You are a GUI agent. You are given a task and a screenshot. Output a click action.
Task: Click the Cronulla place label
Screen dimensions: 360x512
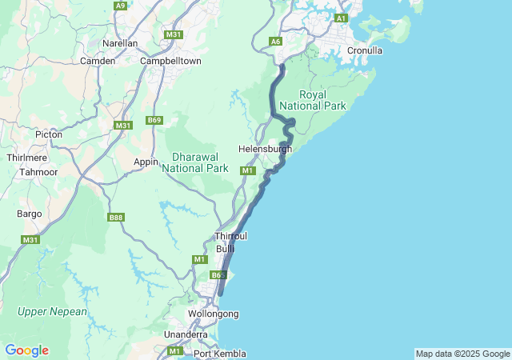[365, 50]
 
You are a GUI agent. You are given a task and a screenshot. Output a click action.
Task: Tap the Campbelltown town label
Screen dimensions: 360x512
[170, 61]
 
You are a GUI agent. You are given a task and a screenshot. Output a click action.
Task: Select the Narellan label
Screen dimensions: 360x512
[120, 43]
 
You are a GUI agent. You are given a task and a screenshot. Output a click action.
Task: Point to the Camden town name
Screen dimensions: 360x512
[98, 61]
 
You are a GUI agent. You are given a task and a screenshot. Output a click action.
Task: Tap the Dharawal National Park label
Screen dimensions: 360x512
[195, 162]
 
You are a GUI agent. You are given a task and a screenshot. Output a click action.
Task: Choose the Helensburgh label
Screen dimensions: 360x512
[265, 149]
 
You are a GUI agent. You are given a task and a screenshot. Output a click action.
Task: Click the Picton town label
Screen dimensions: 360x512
[49, 134]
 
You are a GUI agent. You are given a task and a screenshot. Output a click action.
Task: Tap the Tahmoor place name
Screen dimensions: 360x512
[38, 172]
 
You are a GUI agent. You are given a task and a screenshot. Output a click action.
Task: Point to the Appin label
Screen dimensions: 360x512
[146, 162]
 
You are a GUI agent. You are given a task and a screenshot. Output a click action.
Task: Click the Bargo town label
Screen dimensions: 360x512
[30, 214]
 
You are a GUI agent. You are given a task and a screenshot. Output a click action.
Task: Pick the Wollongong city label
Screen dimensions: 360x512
[213, 314]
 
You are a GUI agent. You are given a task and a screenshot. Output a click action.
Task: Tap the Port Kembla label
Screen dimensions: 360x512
[219, 354]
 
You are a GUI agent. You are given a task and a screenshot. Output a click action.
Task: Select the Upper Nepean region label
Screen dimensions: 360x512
[53, 311]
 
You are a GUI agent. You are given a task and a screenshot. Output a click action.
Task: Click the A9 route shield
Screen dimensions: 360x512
[120, 6]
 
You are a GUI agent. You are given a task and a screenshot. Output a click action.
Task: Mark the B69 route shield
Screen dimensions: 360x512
[154, 121]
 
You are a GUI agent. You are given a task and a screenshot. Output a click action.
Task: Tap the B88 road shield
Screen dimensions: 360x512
[116, 217]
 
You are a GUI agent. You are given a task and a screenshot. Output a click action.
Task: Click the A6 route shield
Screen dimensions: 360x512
[276, 41]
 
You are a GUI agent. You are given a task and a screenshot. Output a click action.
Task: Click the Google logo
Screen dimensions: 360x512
[26, 350]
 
